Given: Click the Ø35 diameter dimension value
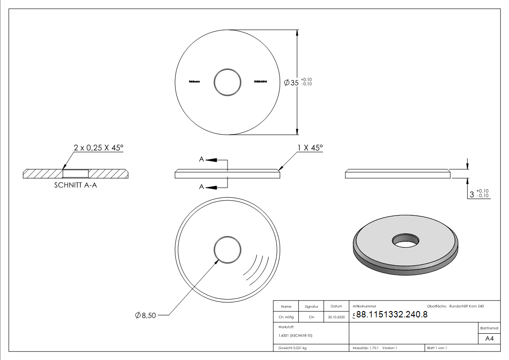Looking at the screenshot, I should point(291,83).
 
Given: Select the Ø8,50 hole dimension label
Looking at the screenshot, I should point(145,316).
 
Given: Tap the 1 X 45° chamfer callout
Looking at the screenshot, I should point(310,147).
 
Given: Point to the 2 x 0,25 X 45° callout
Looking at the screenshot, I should point(98,147).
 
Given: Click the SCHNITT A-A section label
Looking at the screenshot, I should point(75,185).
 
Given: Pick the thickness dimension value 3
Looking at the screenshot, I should point(472,194).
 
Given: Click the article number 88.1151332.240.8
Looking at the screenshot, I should point(392,315).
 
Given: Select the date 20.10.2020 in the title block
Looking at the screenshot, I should point(336,317).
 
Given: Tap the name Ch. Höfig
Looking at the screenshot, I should point(286,317).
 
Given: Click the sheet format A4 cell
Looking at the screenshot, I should point(489,339).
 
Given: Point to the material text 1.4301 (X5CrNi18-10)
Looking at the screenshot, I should point(295,336).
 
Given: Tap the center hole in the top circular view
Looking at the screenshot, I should point(228,82).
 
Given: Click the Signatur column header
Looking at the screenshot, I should point(311,306).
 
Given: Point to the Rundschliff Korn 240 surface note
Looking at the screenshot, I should point(466,306).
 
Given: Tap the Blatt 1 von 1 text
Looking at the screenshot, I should point(437,348).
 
